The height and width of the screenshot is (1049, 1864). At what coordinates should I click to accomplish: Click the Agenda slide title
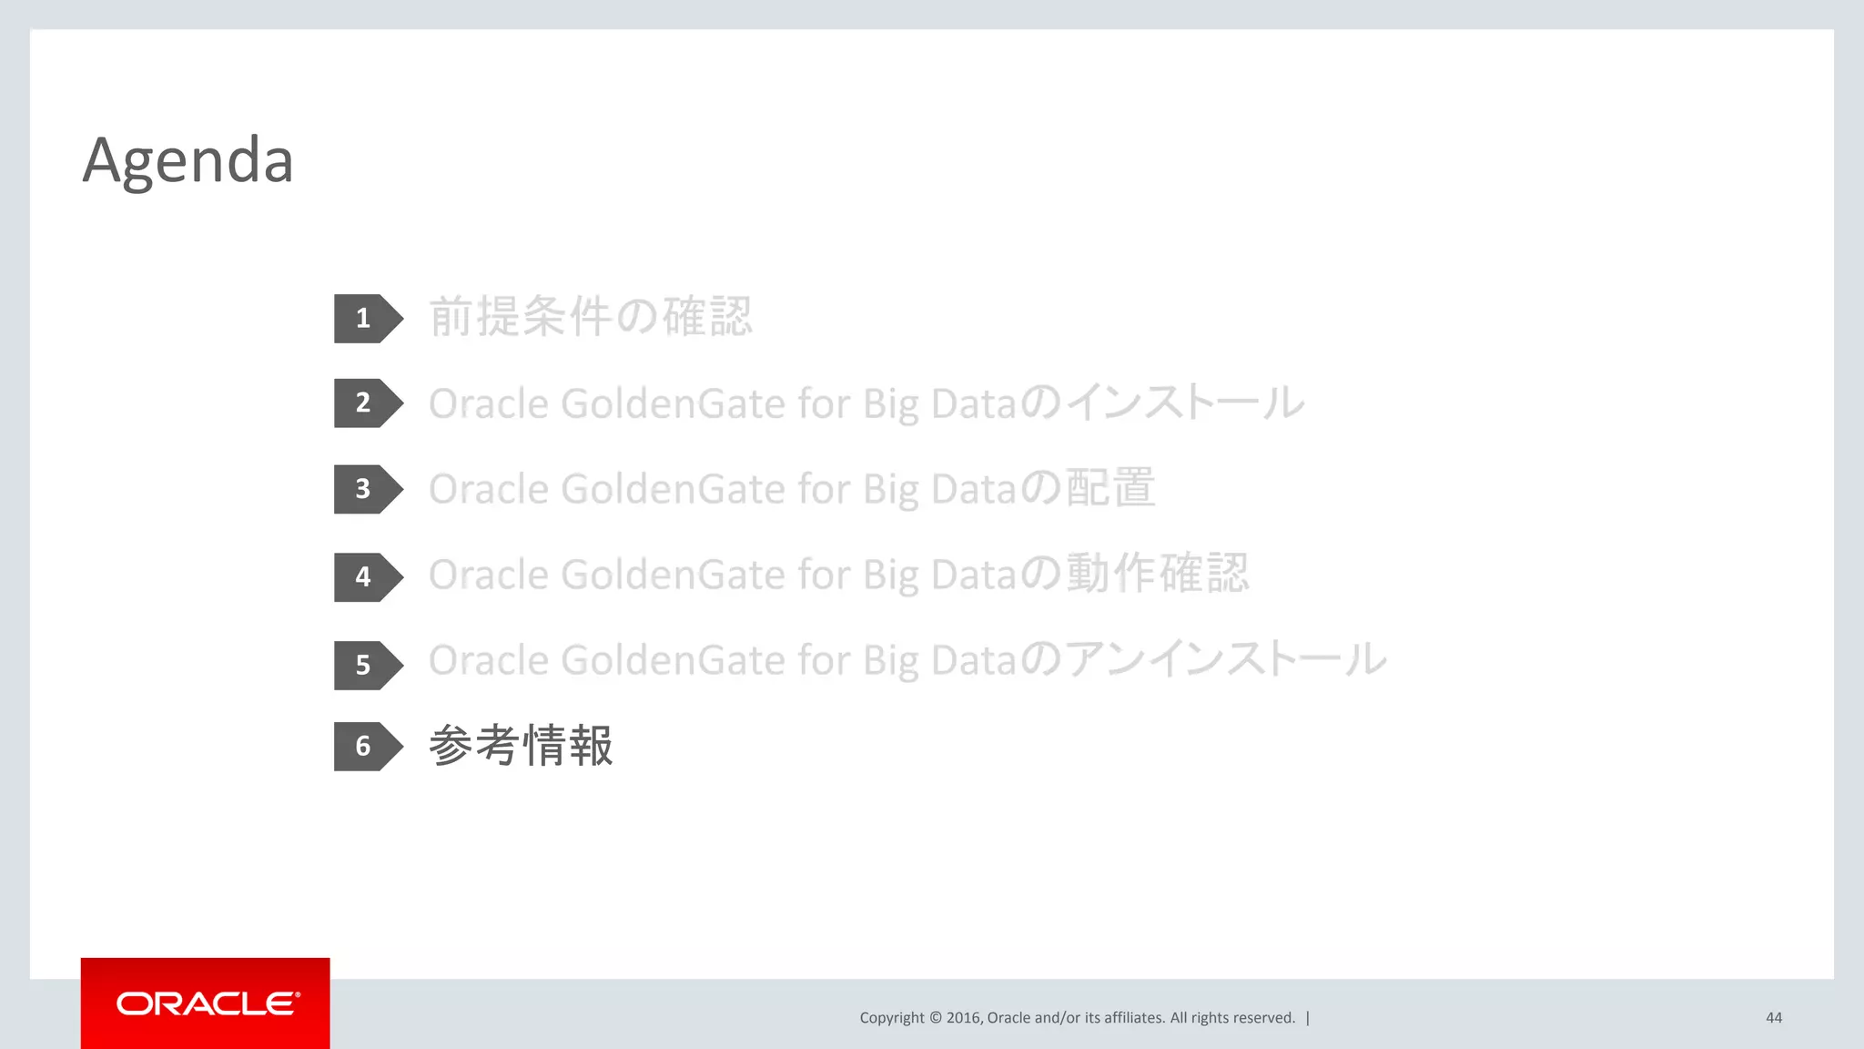click(x=187, y=160)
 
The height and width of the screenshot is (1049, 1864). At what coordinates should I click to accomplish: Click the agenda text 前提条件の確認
click(x=591, y=317)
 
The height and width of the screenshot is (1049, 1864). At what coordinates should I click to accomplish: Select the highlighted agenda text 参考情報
click(x=521, y=746)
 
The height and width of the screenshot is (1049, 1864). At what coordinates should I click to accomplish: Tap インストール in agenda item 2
click(x=1184, y=402)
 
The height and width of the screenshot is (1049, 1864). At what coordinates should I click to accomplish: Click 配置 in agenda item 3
click(x=1110, y=488)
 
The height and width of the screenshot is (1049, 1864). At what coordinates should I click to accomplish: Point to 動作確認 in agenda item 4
click(x=1157, y=574)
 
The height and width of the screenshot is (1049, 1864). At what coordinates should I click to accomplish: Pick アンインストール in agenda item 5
click(x=1225, y=659)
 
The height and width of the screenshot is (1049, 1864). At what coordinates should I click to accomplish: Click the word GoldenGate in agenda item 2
click(x=673, y=403)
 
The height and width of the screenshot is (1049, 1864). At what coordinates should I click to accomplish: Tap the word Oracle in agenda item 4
click(x=488, y=575)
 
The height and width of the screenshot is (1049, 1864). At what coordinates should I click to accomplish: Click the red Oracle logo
click(x=206, y=1003)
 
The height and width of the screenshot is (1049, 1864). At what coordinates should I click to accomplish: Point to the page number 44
click(x=1774, y=1018)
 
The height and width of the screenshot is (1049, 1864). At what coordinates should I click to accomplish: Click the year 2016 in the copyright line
click(x=963, y=1018)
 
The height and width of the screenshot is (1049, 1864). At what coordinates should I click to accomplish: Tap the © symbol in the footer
click(x=936, y=1018)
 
